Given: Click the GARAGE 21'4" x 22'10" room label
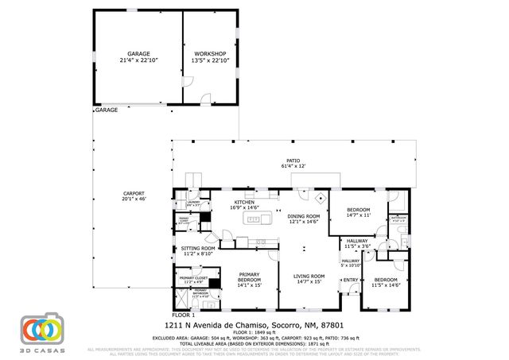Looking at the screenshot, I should tap(138, 57).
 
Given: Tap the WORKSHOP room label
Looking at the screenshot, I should tap(209, 57).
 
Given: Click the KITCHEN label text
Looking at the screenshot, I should tap(243, 205).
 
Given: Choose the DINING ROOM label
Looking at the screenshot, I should tap(303, 219).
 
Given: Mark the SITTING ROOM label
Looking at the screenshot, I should tap(197, 251).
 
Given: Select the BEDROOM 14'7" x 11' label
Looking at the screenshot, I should tap(359, 211).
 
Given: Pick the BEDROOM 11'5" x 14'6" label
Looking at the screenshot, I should tap(386, 282).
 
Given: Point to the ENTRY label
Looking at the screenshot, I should tap(349, 279).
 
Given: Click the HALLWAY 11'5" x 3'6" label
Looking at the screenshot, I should tap(357, 243).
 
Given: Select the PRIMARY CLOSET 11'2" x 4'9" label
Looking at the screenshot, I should tap(194, 281).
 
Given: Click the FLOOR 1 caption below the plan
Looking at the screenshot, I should tap(183, 315).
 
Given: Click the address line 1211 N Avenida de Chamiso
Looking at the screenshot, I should tap(254, 325).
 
